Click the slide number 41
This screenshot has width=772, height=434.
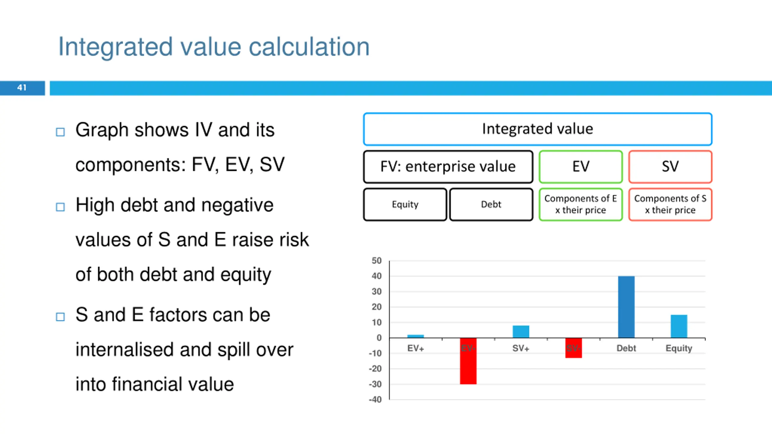22,88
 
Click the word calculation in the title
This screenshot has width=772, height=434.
309,47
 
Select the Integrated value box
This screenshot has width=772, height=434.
537,129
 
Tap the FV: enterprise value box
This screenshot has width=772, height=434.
448,167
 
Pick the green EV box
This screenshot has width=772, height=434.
581,167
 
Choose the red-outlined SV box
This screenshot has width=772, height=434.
670,167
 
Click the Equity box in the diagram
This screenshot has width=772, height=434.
405,205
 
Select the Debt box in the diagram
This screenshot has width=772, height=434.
491,205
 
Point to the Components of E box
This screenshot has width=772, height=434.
581,205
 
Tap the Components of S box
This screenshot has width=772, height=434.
670,205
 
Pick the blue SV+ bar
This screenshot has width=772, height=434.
521,332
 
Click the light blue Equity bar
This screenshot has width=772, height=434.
679,326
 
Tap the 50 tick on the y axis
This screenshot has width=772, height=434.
377,261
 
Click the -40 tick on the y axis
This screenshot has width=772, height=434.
375,400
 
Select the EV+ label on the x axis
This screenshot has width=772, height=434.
416,348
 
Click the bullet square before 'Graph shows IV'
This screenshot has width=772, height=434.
60,132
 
